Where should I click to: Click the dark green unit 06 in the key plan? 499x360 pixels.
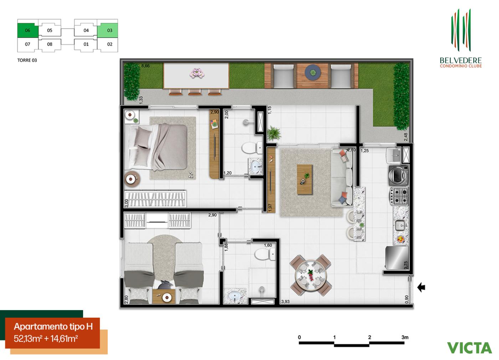pos(27,30)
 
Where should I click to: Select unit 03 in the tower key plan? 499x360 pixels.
pos(109,30)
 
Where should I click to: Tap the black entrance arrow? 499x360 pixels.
pos(421,287)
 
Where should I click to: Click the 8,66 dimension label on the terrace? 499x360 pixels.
pos(145,66)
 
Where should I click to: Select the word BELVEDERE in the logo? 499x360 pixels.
pos(461,60)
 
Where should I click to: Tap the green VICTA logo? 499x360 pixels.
pos(469,348)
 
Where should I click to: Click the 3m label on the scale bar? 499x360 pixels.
pos(405,337)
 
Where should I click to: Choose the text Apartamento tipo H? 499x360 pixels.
pos(53,327)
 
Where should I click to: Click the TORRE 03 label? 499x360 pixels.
pos(27,60)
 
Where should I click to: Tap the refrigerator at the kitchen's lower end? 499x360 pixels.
pos(397,258)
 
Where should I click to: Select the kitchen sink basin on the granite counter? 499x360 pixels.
pos(400,225)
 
